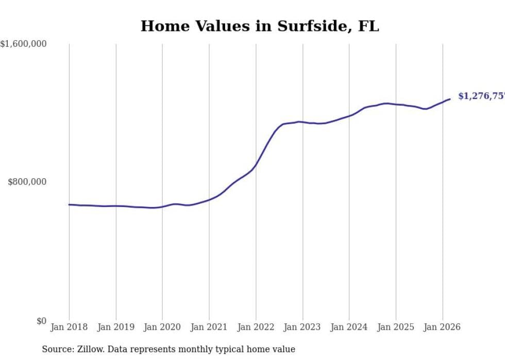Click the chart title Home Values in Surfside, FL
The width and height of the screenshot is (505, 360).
tap(260, 26)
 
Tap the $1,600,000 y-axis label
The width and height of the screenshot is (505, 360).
tap(24, 44)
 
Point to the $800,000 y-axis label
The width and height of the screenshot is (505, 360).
tap(27, 182)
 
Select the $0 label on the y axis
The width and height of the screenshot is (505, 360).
tap(41, 321)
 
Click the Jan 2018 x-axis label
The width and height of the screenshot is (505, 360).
tap(69, 327)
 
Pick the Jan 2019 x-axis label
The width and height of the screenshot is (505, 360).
tap(115, 327)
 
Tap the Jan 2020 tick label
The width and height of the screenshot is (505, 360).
tap(162, 327)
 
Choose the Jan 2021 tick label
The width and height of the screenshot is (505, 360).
tap(209, 327)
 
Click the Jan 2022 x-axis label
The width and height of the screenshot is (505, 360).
tap(256, 327)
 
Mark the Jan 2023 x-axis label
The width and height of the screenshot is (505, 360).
tap(302, 327)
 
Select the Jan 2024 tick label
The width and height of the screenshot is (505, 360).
tap(349, 327)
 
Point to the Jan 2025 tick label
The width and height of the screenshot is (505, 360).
tap(396, 327)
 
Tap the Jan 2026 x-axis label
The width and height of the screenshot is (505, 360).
tap(442, 327)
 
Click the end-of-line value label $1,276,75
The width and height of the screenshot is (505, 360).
tap(481, 96)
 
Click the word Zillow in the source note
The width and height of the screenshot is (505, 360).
tap(88, 349)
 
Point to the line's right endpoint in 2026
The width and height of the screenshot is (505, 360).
tap(450, 99)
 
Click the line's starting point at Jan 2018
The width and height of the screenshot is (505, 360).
tap(69, 204)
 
